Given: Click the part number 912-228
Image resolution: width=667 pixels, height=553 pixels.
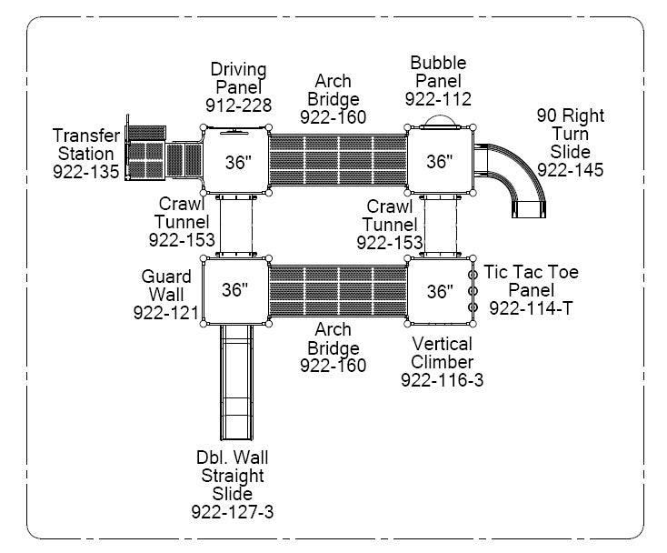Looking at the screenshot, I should [238, 106].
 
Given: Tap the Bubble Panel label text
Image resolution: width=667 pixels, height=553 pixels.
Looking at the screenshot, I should [438, 72].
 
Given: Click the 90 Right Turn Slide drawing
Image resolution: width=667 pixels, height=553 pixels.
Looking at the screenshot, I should [517, 176].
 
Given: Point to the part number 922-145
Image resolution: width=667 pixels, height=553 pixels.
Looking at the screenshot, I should [570, 170].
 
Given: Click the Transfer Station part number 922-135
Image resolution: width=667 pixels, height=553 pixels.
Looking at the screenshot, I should [85, 172].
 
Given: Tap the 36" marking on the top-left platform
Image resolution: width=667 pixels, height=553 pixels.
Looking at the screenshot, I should [237, 163].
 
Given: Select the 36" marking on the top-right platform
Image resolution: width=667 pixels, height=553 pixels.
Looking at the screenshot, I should [439, 162].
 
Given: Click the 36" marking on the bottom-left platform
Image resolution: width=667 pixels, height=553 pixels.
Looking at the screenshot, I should [234, 290].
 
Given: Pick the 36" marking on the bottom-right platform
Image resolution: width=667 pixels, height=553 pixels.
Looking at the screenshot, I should [440, 291].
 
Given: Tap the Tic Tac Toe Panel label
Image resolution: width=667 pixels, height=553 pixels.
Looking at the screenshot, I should [531, 280].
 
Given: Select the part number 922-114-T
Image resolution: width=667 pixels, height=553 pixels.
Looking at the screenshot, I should [532, 308].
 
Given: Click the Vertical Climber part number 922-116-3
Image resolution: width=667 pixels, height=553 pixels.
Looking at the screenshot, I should [442, 380].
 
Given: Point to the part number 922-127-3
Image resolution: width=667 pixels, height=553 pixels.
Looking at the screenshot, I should [232, 512].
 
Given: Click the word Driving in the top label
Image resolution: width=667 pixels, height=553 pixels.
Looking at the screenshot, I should [238, 69].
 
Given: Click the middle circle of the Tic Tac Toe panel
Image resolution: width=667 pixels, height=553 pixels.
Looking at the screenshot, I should [473, 290].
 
